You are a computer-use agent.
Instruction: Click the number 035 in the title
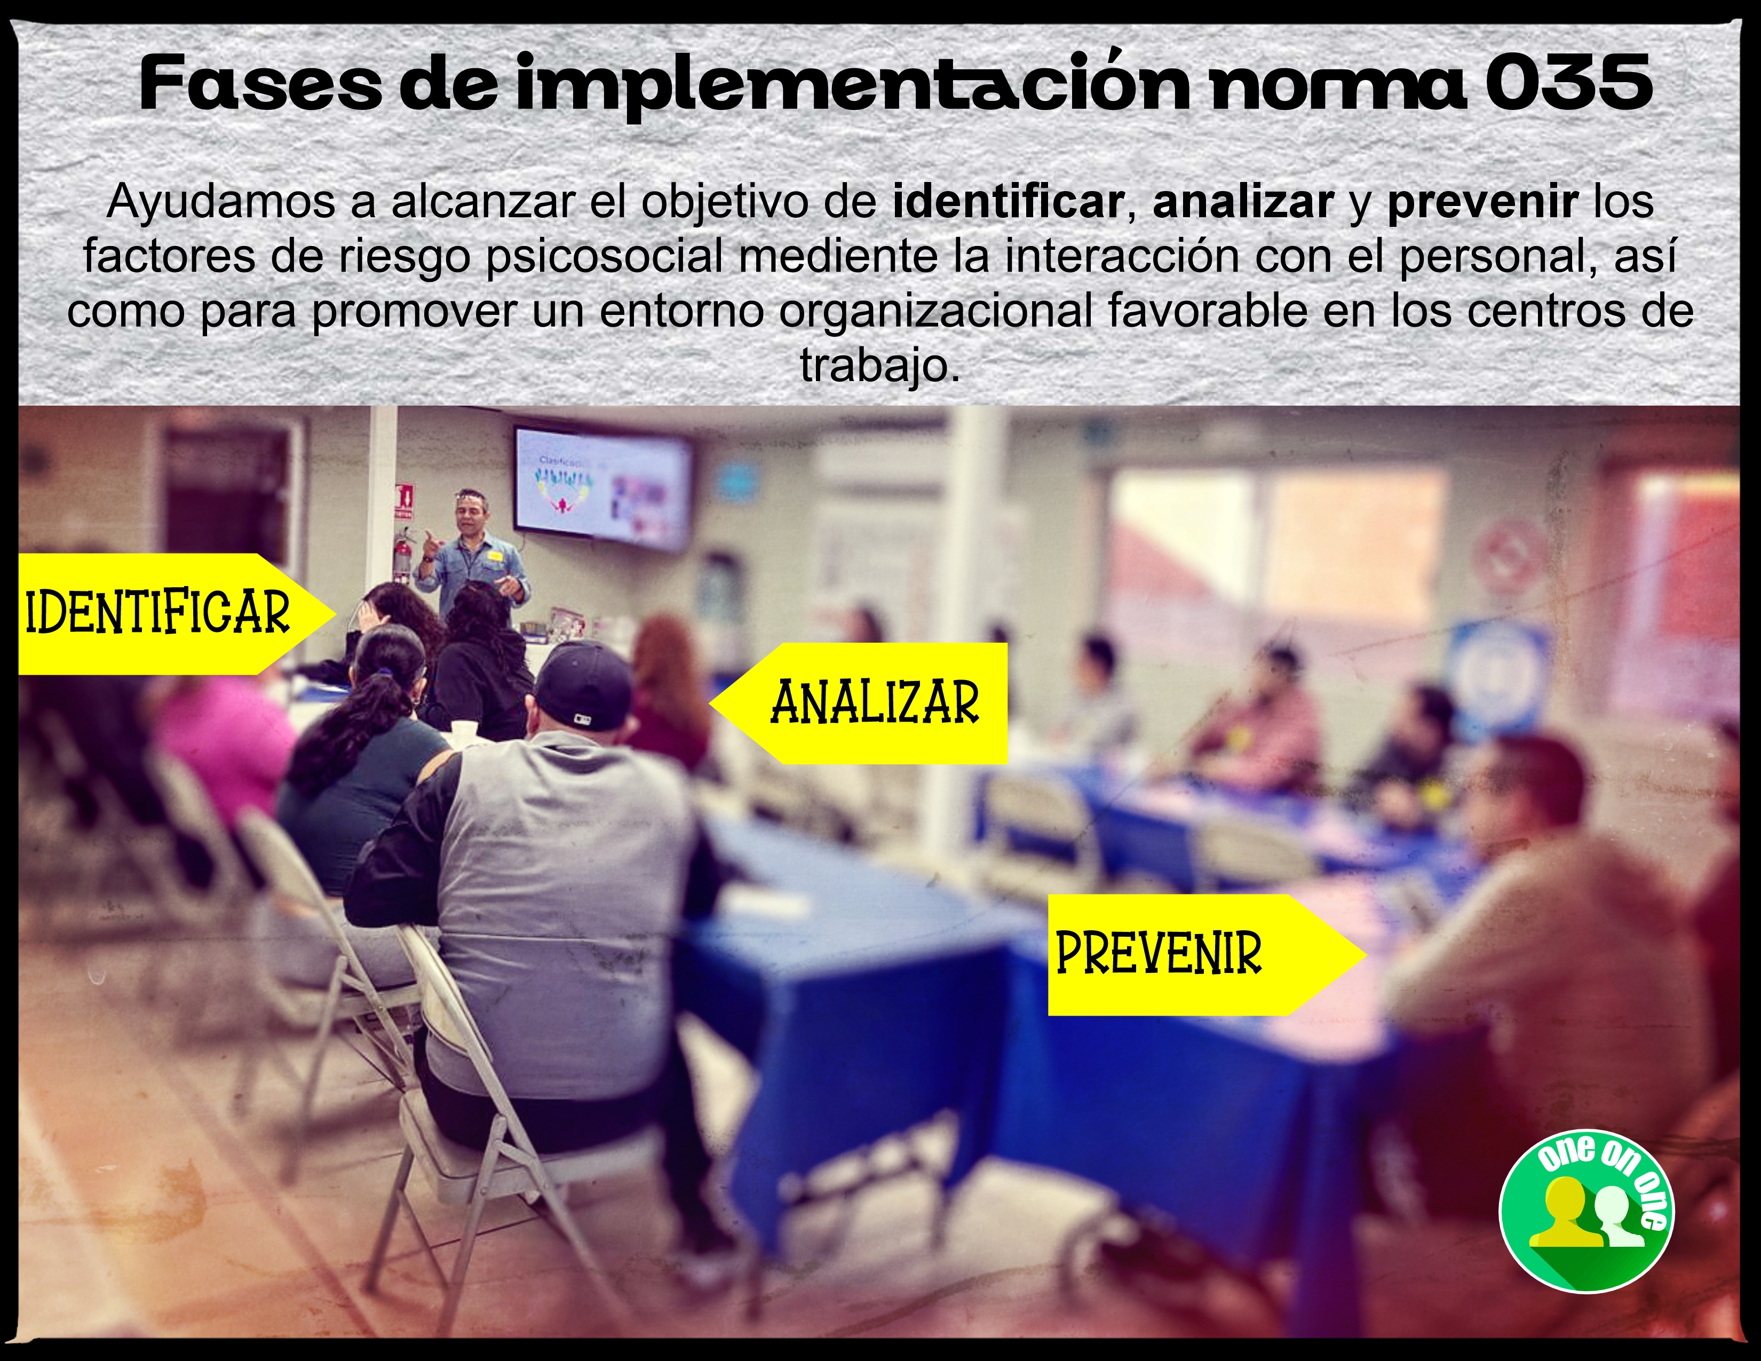(1567, 83)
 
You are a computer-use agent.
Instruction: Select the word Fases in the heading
(260, 83)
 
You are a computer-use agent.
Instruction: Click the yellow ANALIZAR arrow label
(859, 703)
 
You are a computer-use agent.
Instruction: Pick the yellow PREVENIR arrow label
(1206, 955)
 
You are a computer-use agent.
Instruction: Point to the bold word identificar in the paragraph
(1008, 202)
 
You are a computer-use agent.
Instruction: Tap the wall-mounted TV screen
(603, 488)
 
